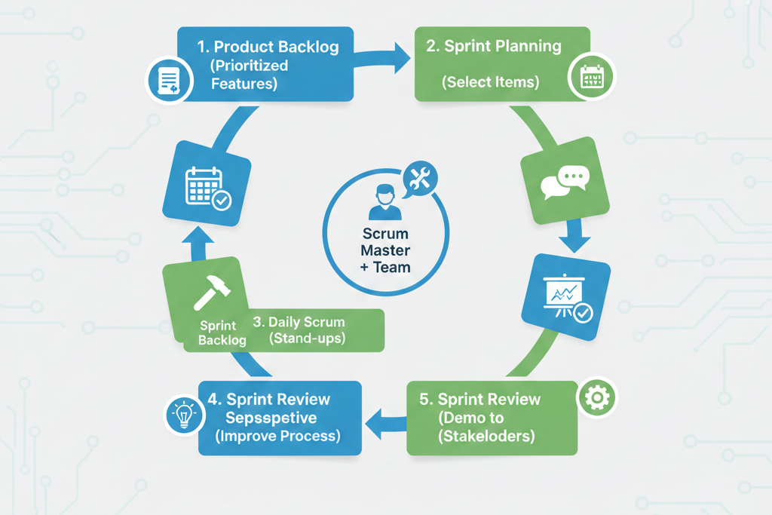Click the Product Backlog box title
tap(268, 47)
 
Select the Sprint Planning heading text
tap(494, 46)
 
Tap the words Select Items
tap(491, 82)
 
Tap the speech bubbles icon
tap(565, 182)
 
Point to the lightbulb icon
tap(184, 415)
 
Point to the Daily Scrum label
tap(299, 322)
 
